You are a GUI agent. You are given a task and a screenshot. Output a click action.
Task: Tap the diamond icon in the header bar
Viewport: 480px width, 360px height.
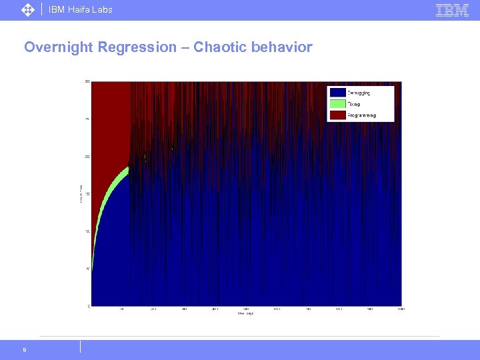click(28, 9)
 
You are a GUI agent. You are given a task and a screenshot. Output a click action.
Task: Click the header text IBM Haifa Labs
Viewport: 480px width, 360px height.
click(81, 9)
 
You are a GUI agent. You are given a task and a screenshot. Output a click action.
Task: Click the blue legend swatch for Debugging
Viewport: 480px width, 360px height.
click(337, 93)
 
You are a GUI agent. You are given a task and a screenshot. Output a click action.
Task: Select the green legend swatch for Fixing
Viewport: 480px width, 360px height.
click(337, 103)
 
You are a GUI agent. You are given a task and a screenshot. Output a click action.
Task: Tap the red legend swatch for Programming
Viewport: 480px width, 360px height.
click(337, 115)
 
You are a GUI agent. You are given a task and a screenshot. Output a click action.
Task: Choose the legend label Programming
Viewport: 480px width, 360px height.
click(361, 115)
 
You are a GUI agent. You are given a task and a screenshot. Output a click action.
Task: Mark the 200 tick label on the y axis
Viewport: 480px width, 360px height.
click(87, 157)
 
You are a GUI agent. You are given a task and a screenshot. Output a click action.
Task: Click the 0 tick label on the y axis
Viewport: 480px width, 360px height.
click(89, 306)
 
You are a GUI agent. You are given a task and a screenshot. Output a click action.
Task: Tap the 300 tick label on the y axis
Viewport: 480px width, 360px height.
click(87, 82)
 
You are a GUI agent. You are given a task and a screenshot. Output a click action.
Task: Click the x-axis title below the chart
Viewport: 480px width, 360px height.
click(246, 313)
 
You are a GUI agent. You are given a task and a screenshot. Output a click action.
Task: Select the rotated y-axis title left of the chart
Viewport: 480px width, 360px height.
click(81, 194)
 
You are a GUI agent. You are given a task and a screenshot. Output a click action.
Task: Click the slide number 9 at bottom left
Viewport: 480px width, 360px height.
click(24, 349)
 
